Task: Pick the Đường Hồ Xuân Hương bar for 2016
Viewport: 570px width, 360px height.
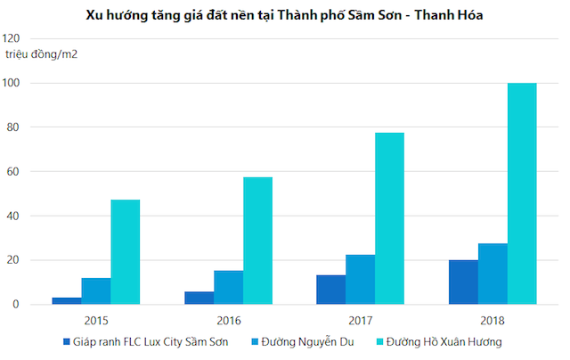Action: (x=257, y=241)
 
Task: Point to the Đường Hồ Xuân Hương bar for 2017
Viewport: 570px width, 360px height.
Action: (x=389, y=218)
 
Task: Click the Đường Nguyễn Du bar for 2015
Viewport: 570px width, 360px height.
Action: (x=96, y=291)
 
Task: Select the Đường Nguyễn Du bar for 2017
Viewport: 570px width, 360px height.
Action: (x=360, y=280)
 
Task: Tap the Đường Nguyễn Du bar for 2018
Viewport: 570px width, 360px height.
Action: (x=493, y=274)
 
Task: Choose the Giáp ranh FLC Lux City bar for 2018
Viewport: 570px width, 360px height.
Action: (x=463, y=282)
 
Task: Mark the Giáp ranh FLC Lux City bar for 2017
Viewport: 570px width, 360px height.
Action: (x=330, y=290)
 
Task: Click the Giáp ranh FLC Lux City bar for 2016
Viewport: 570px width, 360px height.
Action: (x=199, y=298)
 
